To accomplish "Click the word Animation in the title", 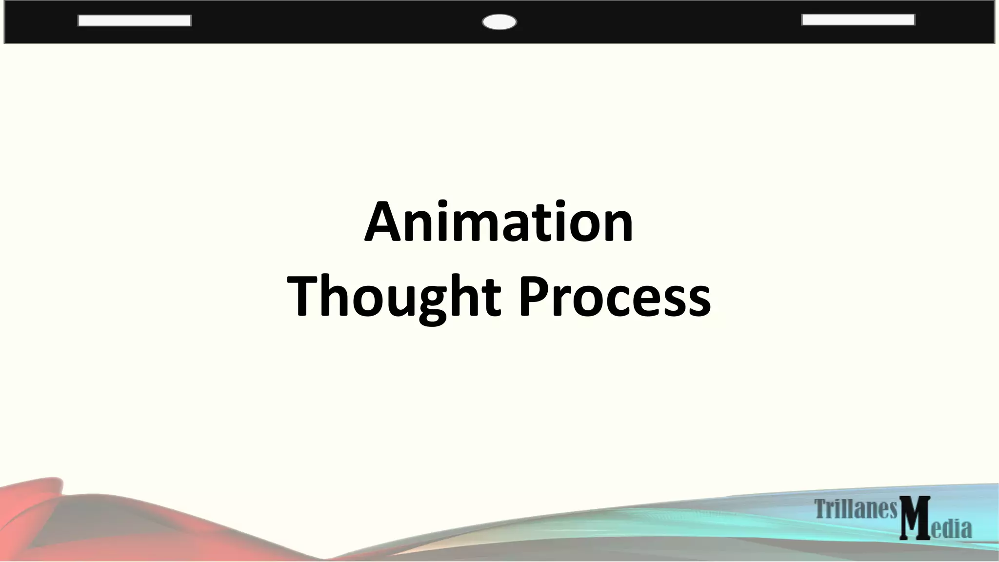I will point(499,222).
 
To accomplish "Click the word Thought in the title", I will point(394,297).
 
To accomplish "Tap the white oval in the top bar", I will point(499,22).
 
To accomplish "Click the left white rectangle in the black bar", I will point(135,20).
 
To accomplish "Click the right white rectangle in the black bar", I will point(858,20).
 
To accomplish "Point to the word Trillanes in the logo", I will point(856,509).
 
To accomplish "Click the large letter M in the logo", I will point(915,518).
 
